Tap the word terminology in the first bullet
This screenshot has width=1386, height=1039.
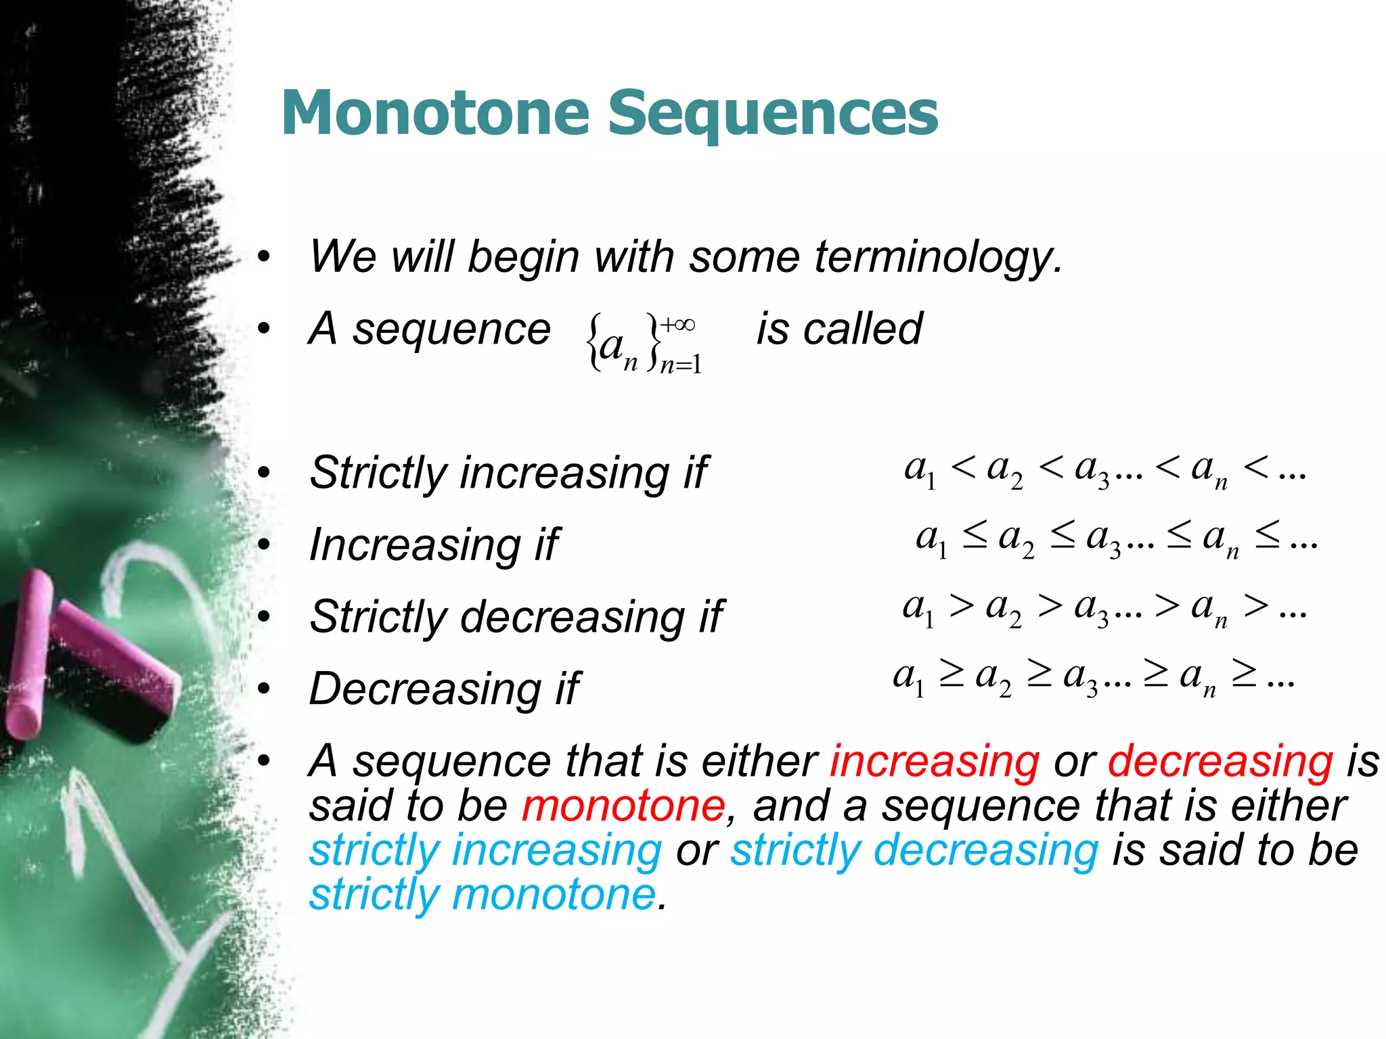pos(938,257)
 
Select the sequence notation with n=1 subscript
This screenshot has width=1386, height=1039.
pos(643,344)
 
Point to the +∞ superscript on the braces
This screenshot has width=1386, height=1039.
pos(677,325)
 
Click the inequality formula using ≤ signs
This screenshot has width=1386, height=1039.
pos(1117,540)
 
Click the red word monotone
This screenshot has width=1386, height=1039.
pos(623,806)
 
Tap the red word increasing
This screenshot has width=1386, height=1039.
pos(935,762)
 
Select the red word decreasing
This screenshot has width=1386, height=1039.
pos(1220,762)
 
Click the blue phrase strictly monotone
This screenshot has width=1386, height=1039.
pos(482,894)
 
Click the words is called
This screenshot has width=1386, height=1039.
pos(839,329)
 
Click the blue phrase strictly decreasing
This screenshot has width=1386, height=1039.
pos(914,850)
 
